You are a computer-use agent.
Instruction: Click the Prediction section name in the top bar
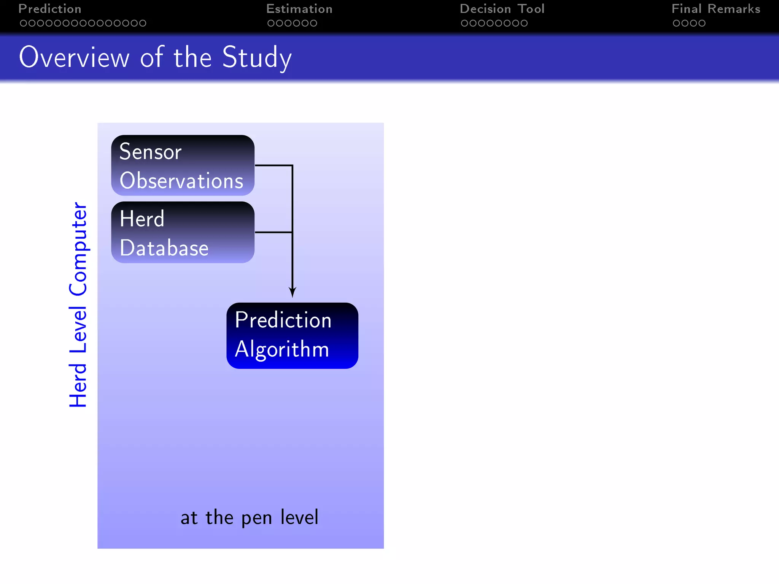pyautogui.click(x=50, y=9)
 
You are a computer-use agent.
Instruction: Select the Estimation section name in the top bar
pyautogui.click(x=299, y=9)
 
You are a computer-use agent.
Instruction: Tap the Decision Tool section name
pyautogui.click(x=502, y=9)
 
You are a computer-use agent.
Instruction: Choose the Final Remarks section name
pyautogui.click(x=716, y=9)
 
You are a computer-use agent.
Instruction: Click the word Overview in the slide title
pyautogui.click(x=75, y=58)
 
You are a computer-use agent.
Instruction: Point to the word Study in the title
pyautogui.click(x=257, y=58)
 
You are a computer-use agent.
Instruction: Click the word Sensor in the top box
pyautogui.click(x=151, y=152)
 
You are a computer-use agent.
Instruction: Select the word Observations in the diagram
pyautogui.click(x=181, y=181)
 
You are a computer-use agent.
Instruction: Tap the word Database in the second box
pyautogui.click(x=164, y=248)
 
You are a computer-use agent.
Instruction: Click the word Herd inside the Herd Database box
pyautogui.click(x=142, y=219)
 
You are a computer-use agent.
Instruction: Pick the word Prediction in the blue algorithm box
pyautogui.click(x=283, y=320)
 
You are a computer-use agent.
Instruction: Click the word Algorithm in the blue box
pyautogui.click(x=282, y=349)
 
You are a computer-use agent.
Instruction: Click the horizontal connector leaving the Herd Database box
pyautogui.click(x=273, y=232)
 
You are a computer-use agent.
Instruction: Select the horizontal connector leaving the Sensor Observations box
pyautogui.click(x=273, y=165)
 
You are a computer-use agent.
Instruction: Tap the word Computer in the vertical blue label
pyautogui.click(x=78, y=249)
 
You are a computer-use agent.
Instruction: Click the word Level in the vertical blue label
pyautogui.click(x=78, y=329)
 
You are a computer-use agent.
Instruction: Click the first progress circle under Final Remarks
pyautogui.click(x=676, y=23)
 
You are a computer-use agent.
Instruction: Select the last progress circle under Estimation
pyautogui.click(x=313, y=23)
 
